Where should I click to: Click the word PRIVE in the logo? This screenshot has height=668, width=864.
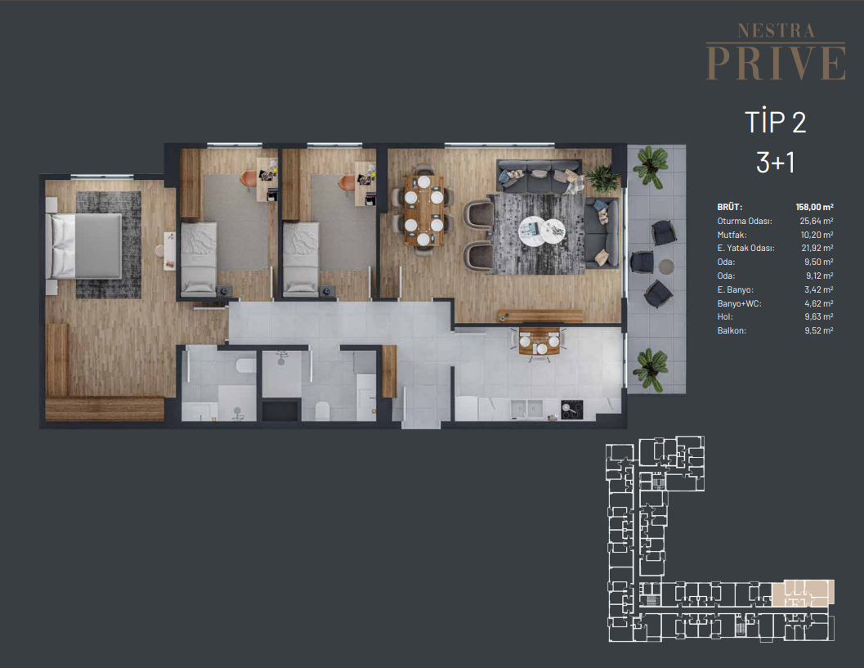point(776,64)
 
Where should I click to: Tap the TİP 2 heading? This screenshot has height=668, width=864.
point(775,122)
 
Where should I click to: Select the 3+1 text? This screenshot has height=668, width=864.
point(775,162)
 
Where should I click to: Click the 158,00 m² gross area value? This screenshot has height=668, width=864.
point(814,207)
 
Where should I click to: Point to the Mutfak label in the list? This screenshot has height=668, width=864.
point(732,235)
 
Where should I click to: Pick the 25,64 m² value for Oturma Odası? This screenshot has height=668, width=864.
point(817,221)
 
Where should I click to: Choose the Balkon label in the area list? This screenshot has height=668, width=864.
point(732,330)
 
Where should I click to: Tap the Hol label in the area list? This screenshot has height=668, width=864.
point(725,317)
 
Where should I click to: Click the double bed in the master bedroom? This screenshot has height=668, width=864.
point(83,246)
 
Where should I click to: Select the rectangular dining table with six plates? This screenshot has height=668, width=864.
point(423,210)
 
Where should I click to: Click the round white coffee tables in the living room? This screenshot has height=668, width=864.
point(542,229)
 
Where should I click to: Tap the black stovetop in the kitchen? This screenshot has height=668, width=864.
point(572,409)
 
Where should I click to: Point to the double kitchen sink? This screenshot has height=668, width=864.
point(526,409)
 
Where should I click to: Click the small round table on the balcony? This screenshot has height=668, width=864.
point(666,267)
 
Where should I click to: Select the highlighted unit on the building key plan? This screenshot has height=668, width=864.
point(803,593)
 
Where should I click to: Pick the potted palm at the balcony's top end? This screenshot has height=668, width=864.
point(651,164)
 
